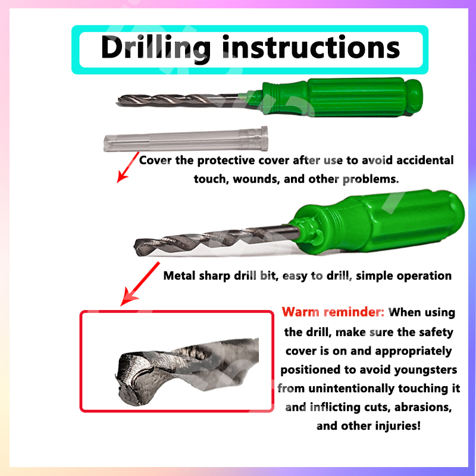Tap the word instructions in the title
click(x=311, y=47)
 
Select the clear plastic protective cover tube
click(x=186, y=139)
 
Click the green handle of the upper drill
click(x=340, y=97)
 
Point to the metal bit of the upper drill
click(x=179, y=99)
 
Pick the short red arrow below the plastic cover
click(x=128, y=167)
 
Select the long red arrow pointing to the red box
click(x=140, y=284)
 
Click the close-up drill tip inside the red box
click(x=187, y=371)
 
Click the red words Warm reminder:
click(x=333, y=312)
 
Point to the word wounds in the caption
click(x=256, y=179)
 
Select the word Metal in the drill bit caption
click(x=180, y=275)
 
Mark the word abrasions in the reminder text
click(x=423, y=407)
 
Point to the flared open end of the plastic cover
click(x=264, y=139)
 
